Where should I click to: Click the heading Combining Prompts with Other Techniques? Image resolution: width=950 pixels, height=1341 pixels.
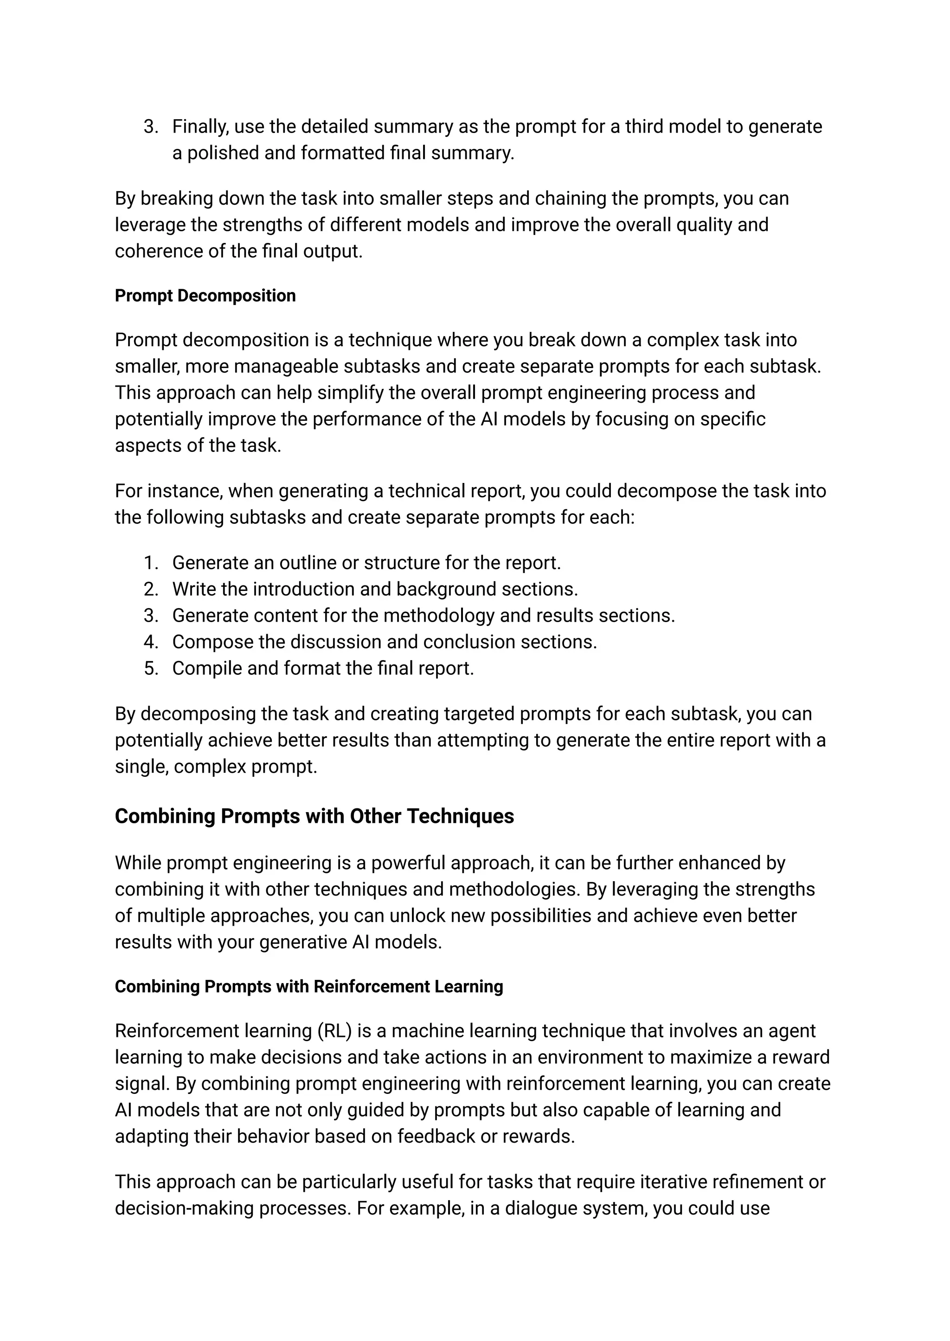pyautogui.click(x=314, y=816)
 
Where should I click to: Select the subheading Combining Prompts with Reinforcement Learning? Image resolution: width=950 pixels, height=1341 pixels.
pyautogui.click(x=309, y=987)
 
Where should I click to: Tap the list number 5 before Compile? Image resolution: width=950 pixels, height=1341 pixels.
pyautogui.click(x=151, y=668)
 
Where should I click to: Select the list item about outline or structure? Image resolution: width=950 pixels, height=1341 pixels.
pyautogui.click(x=366, y=562)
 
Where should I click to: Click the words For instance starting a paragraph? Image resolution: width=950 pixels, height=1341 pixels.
pyautogui.click(x=168, y=490)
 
